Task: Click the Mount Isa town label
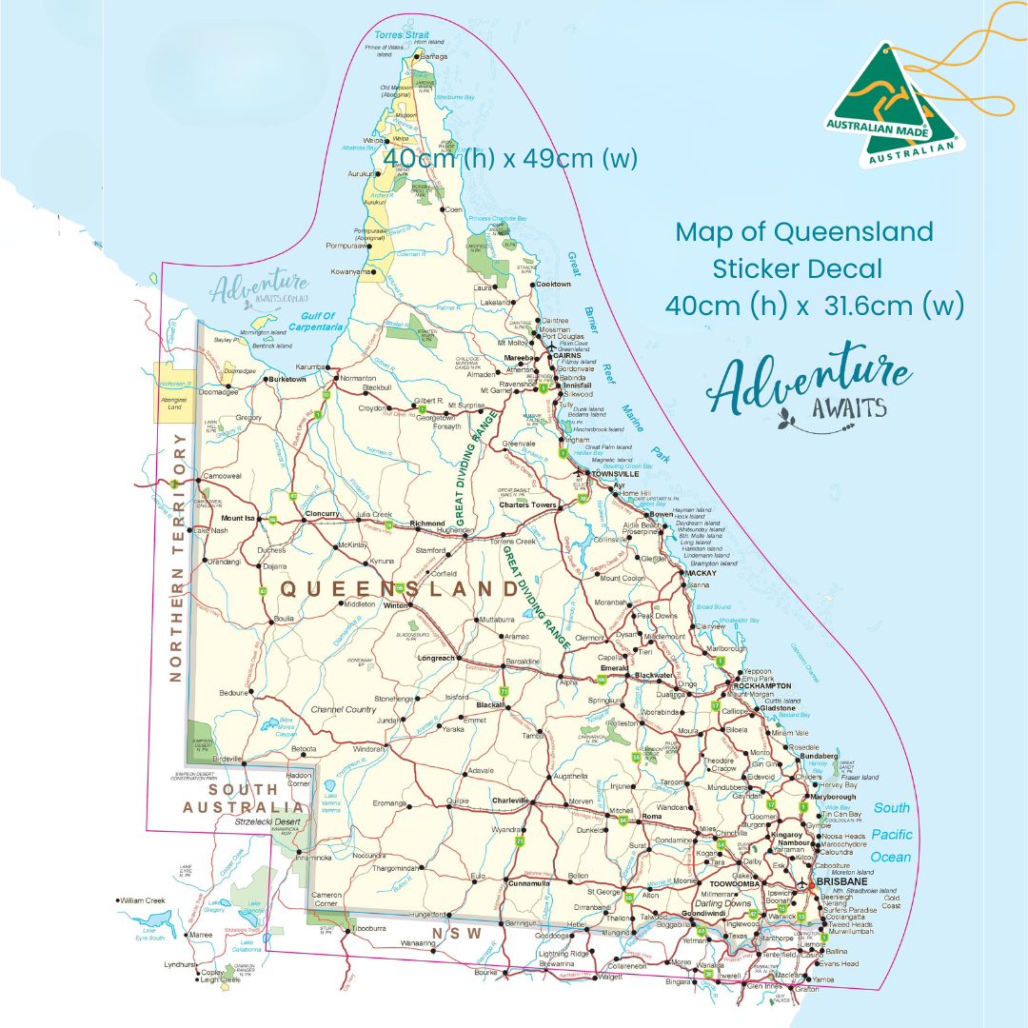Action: [x=238, y=518]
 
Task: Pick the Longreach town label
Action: [x=437, y=658]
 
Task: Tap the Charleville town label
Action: [x=509, y=801]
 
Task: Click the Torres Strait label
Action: [x=402, y=35]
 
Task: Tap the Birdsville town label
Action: [x=230, y=759]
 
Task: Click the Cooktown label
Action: [x=553, y=284]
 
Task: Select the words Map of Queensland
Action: [x=803, y=231]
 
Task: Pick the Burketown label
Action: [x=287, y=379]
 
